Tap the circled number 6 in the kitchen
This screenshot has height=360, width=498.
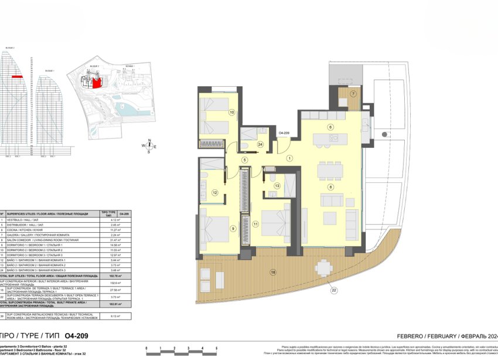[330, 127]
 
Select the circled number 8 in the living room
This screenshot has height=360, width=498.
[330, 187]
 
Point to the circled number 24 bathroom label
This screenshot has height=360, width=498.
[260, 144]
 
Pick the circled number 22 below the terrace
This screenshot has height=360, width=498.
[333, 290]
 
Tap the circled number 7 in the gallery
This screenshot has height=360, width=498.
[353, 93]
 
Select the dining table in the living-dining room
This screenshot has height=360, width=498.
[330, 171]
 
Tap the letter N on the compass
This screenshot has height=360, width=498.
[149, 140]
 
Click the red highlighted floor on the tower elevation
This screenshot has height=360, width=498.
[17, 77]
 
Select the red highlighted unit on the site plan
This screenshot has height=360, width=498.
[98, 83]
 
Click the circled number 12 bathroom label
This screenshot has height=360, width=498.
[215, 192]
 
